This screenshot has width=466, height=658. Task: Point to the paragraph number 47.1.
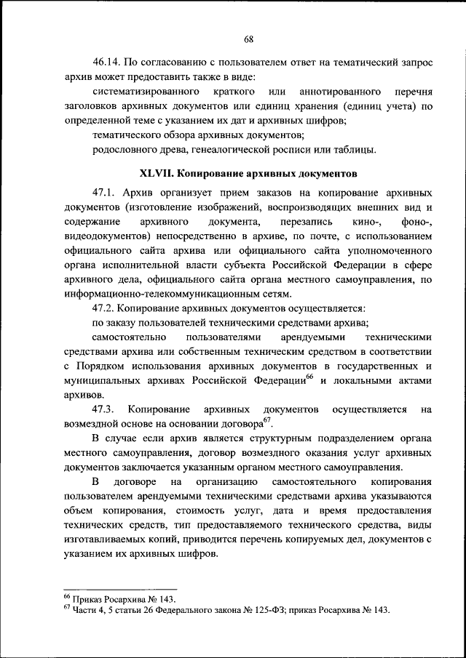coord(105,193)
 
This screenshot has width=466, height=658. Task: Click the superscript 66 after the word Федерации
coord(309,376)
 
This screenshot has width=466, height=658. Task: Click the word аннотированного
coord(341,93)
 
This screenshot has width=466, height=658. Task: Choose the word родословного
coord(125,150)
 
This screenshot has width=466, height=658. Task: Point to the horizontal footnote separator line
coord(120,590)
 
